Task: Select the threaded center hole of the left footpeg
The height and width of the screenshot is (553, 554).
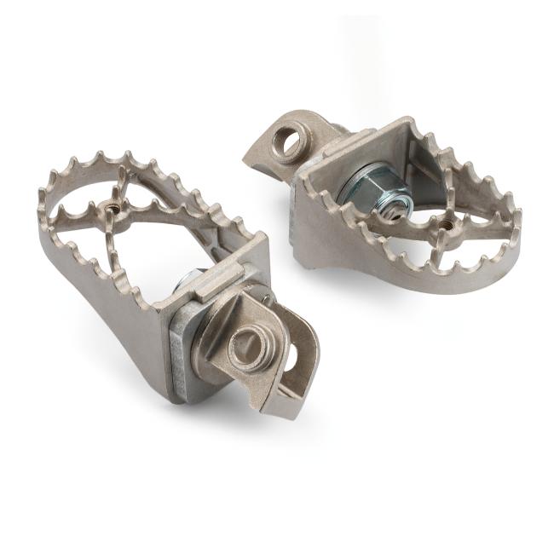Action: [111, 205]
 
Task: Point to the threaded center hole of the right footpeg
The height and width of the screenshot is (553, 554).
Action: [445, 225]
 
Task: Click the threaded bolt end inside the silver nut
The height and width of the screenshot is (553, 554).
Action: [388, 208]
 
